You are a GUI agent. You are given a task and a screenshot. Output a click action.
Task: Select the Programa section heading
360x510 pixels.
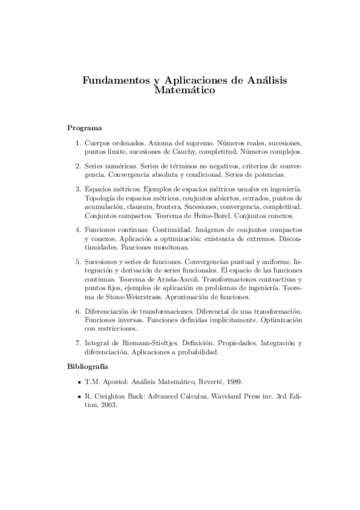tap(84, 127)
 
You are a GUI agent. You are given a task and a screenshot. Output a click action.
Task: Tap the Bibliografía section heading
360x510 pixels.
tap(88, 366)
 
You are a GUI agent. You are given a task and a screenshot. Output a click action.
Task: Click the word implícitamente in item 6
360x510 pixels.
tap(231, 321)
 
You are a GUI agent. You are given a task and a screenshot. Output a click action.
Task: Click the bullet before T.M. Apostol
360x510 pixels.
tap(79, 382)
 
